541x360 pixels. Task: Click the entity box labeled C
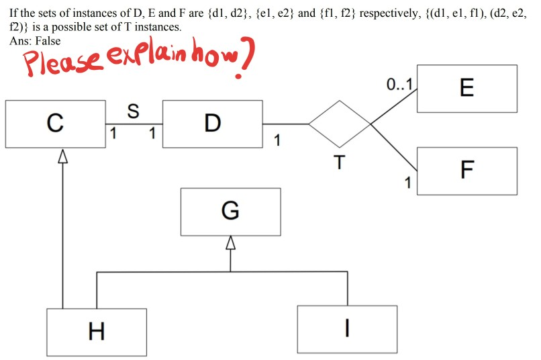pos(55,124)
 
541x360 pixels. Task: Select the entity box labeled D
pos(212,124)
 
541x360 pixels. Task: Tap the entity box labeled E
pos(467,88)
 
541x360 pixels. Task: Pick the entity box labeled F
pos(467,171)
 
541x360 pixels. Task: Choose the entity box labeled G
pos(230,212)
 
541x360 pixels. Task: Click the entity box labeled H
pos(97,331)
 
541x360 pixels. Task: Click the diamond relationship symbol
pos(340,124)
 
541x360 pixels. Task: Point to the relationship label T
pos(340,163)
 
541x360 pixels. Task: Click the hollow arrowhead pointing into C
pos(62,156)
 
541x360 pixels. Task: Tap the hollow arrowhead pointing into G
pos(230,243)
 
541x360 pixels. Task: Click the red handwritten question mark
pos(246,62)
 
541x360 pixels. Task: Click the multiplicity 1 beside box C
pos(113,134)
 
